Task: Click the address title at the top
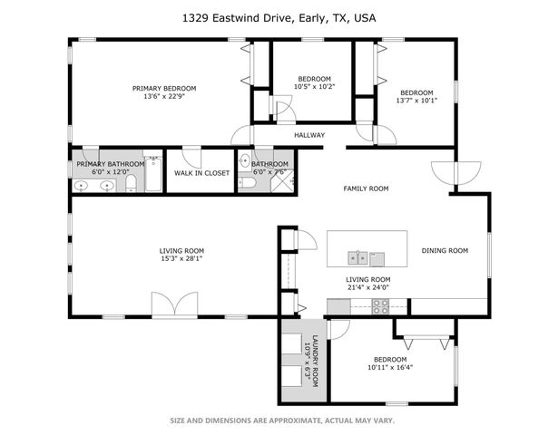(279, 17)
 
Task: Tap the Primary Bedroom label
(164, 88)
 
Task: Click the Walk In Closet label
(202, 172)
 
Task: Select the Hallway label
(308, 136)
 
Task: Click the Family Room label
(366, 188)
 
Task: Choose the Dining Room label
(445, 251)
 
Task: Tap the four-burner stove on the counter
(380, 306)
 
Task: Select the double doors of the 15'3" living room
(173, 305)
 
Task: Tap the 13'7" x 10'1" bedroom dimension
(416, 101)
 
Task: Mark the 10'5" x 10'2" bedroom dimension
(314, 87)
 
